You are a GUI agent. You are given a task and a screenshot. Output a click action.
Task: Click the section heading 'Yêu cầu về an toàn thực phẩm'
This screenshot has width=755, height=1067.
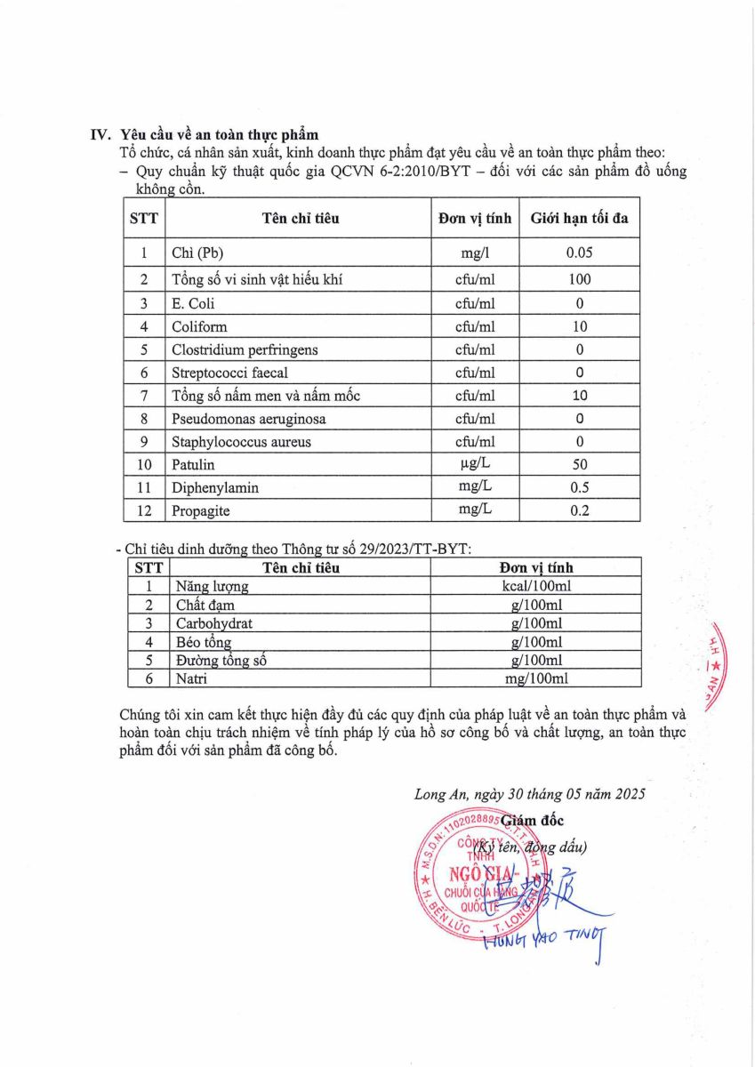(x=219, y=135)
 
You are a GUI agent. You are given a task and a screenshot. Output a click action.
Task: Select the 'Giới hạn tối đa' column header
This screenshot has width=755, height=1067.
(x=579, y=218)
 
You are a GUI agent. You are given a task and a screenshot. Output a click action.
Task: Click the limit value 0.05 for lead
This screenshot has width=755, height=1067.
(x=579, y=253)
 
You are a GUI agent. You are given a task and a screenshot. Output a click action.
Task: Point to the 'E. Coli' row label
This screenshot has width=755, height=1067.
(x=193, y=303)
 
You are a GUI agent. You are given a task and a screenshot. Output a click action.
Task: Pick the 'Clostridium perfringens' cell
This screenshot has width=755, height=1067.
(x=245, y=349)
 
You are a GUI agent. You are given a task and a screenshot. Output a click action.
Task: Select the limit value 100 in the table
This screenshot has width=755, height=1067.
(x=579, y=279)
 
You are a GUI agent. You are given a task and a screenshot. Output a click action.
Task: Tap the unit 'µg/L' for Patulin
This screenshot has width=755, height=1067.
(x=474, y=464)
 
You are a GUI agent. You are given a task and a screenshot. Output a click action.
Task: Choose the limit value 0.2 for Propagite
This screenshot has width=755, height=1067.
(x=579, y=510)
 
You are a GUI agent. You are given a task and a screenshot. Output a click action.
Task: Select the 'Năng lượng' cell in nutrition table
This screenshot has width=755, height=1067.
(x=212, y=587)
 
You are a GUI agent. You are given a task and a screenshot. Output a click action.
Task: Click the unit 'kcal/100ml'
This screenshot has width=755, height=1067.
(x=534, y=587)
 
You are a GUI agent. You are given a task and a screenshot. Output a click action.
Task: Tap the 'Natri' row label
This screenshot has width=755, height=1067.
(x=191, y=679)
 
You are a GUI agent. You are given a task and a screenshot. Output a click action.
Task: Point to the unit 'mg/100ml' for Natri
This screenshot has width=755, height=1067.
(x=534, y=679)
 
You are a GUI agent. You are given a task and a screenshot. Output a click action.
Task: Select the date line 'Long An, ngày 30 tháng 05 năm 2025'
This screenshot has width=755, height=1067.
(x=529, y=795)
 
